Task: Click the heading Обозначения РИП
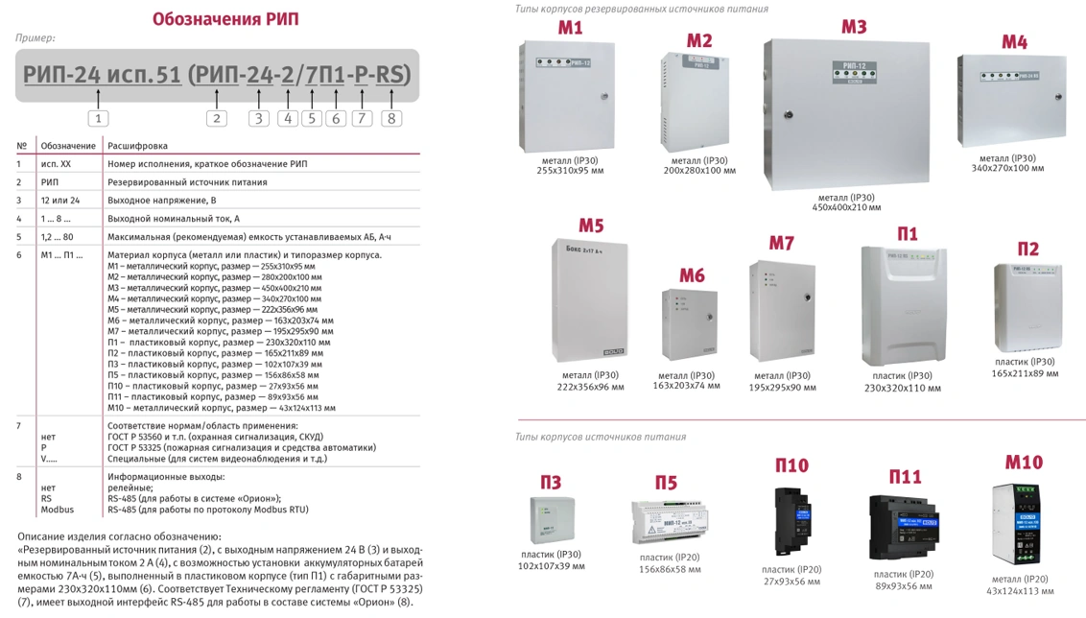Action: (x=224, y=19)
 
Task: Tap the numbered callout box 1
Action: (x=98, y=118)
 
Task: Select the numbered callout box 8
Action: (x=390, y=118)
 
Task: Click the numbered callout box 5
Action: (x=311, y=118)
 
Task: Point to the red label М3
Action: (x=854, y=27)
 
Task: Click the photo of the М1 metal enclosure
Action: (x=567, y=95)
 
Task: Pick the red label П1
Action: (x=907, y=234)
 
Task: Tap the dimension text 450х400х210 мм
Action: (x=845, y=207)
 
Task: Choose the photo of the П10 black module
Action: (x=792, y=521)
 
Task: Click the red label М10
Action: (x=1023, y=463)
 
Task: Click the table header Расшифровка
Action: (x=137, y=146)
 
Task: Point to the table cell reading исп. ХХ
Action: (x=56, y=164)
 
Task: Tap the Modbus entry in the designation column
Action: (x=57, y=510)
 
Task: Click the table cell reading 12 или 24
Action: (x=59, y=201)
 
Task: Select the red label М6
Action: (x=692, y=276)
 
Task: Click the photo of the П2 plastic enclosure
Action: (x=1027, y=308)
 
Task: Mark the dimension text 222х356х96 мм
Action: (x=590, y=388)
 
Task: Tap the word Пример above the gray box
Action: (x=35, y=38)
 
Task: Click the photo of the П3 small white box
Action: (x=551, y=519)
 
